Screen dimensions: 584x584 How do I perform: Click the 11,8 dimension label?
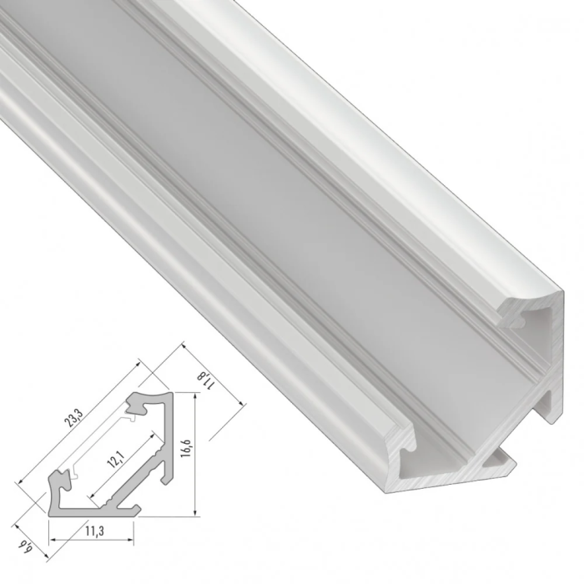(x=208, y=380)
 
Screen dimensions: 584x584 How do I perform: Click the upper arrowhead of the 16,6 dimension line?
(x=194, y=399)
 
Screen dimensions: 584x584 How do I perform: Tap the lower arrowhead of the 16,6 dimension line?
(x=194, y=512)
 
